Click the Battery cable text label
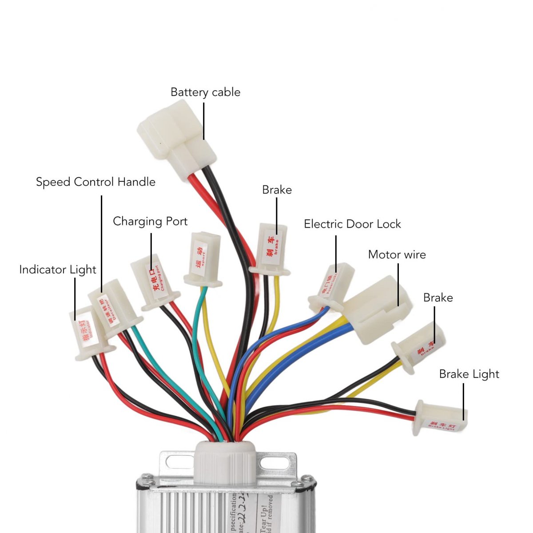point(205,92)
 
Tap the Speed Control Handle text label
point(95,182)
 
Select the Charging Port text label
point(150,221)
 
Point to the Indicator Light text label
point(58,270)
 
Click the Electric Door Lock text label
point(352,224)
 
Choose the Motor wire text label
point(397,255)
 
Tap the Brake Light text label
point(469,374)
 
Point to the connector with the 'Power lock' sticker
point(331,286)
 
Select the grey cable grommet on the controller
point(225,462)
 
